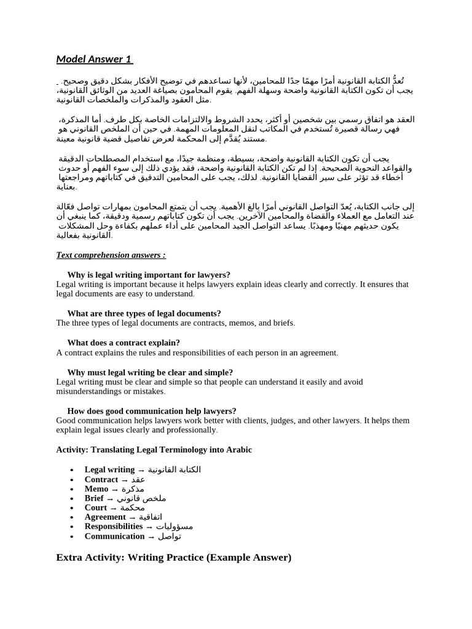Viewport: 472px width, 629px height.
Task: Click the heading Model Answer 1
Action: coord(94,59)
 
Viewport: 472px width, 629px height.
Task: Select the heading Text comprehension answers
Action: coord(111,255)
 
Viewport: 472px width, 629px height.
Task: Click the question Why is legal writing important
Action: coord(149,275)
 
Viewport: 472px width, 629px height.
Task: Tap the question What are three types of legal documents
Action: coord(144,313)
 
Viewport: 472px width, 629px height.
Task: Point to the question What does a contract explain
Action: coord(124,343)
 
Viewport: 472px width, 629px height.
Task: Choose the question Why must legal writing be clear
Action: coord(150,372)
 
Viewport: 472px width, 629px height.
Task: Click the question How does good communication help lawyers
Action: coord(152,411)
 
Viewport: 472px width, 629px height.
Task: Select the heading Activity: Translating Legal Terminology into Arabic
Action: coord(154,450)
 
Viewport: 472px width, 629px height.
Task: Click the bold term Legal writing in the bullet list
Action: coord(109,470)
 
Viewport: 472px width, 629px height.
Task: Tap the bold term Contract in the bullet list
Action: coord(101,480)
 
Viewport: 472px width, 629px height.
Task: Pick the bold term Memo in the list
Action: coord(96,489)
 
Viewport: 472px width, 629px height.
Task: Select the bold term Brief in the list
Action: coord(94,498)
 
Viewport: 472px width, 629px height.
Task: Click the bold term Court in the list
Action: coord(96,508)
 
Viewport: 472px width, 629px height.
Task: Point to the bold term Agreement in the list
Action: coord(105,517)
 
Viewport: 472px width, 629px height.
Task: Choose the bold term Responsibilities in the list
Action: coord(114,526)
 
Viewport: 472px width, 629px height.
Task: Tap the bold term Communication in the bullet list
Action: coord(114,536)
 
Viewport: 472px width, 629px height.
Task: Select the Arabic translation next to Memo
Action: coord(133,489)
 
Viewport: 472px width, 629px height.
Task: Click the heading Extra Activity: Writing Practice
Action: coord(173,558)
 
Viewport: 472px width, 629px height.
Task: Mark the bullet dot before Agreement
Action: coord(73,518)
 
